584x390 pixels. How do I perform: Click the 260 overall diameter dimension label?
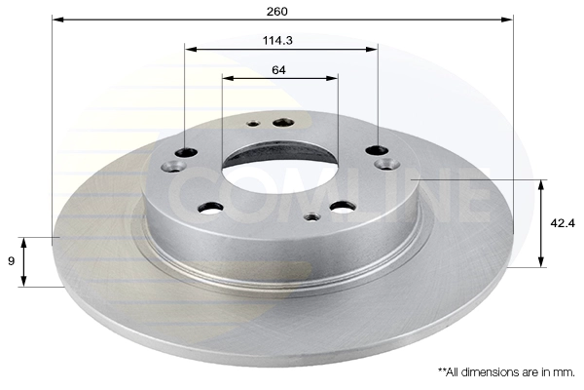pos(277,12)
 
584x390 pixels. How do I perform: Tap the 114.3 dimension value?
pos(277,40)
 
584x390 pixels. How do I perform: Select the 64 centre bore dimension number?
pos(278,70)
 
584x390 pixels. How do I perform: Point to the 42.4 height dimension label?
pos(563,223)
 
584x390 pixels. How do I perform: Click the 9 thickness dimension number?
pos(11,261)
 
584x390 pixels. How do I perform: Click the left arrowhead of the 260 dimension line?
pos(58,19)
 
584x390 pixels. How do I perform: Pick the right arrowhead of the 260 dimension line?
pos(507,19)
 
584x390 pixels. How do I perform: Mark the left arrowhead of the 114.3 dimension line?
pos(191,50)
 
